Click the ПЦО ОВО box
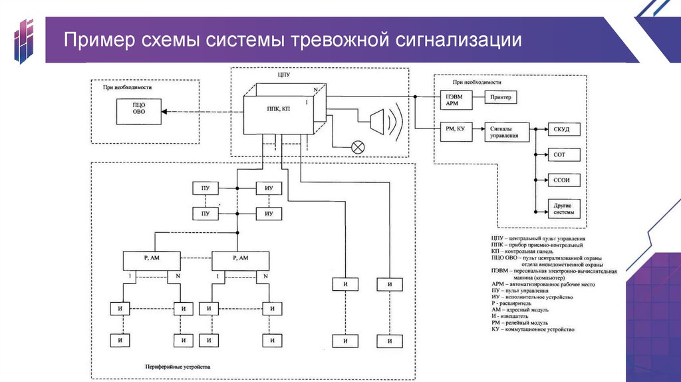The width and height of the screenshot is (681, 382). click(138, 111)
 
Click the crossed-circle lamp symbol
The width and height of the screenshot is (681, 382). click(358, 147)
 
